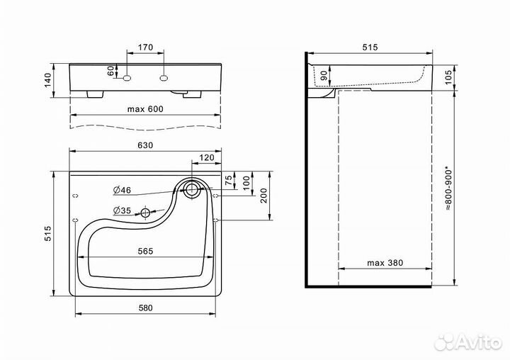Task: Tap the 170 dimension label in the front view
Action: (145, 47)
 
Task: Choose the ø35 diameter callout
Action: (123, 210)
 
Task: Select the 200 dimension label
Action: (263, 196)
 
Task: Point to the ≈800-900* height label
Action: (448, 189)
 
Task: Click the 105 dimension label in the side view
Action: (448, 77)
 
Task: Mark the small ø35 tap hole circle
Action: (145, 212)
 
